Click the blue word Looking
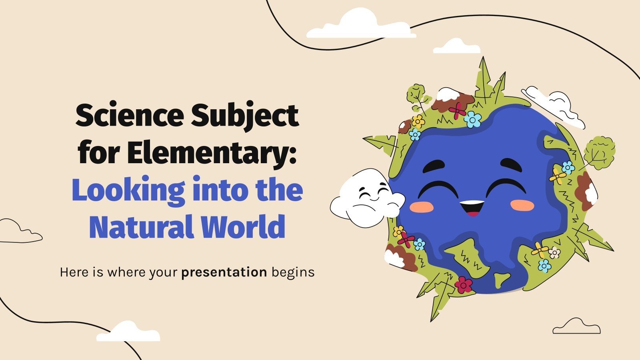click(128, 191)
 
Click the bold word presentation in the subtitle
click(224, 272)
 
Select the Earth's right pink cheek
click(522, 205)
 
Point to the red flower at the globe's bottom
click(464, 284)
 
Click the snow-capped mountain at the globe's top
click(455, 98)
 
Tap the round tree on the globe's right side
click(599, 152)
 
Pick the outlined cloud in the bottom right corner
click(576, 327)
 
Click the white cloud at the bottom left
click(128, 332)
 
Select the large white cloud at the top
click(360, 25)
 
